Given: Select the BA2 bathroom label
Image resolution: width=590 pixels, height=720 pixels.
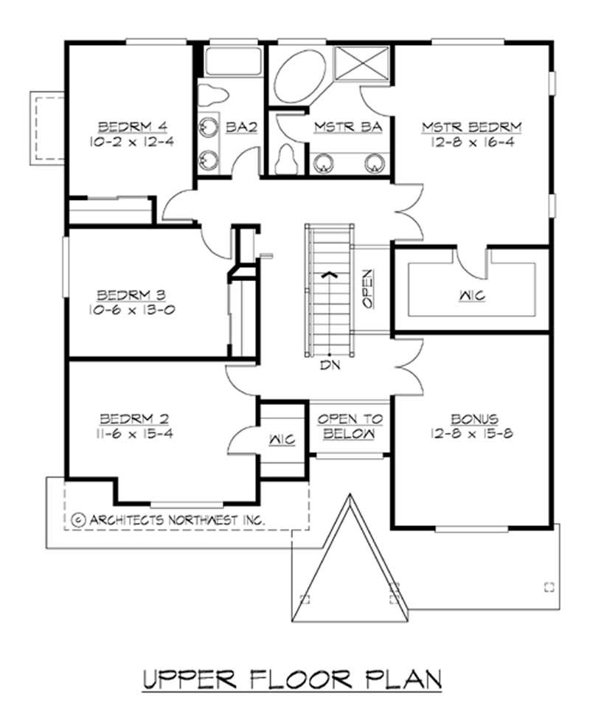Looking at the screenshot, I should [241, 127].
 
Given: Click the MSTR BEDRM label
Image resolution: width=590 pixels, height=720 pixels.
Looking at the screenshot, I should [471, 127].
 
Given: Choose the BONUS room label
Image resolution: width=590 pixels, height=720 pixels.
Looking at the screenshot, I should [471, 418].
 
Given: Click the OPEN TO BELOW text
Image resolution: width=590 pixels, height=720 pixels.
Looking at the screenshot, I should [350, 426].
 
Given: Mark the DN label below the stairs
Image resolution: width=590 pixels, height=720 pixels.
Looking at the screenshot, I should [330, 364].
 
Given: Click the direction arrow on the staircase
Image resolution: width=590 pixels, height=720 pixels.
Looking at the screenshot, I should [330, 274].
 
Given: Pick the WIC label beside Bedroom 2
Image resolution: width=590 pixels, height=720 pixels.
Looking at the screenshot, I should [281, 440].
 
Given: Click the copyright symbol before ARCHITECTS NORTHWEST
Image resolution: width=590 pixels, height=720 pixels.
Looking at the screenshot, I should [79, 519].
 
